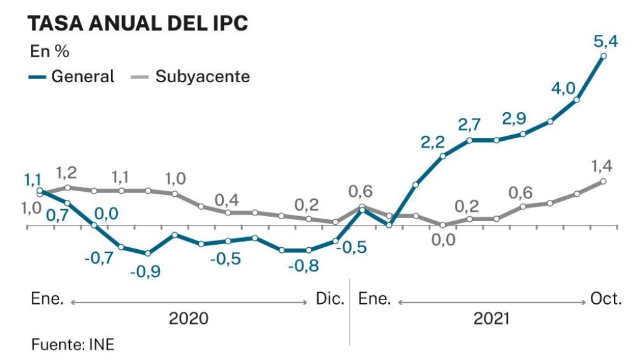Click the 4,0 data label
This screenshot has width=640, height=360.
[564, 88]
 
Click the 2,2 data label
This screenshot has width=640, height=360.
[433, 143]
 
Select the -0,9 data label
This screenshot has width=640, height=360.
[146, 272]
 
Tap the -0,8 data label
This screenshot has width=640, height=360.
[303, 266]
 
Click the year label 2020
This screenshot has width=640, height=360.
[189, 319]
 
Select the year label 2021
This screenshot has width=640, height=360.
[492, 319]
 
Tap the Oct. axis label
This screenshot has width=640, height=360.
[606, 299]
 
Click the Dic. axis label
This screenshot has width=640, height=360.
[330, 299]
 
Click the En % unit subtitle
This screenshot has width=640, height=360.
[50, 52]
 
